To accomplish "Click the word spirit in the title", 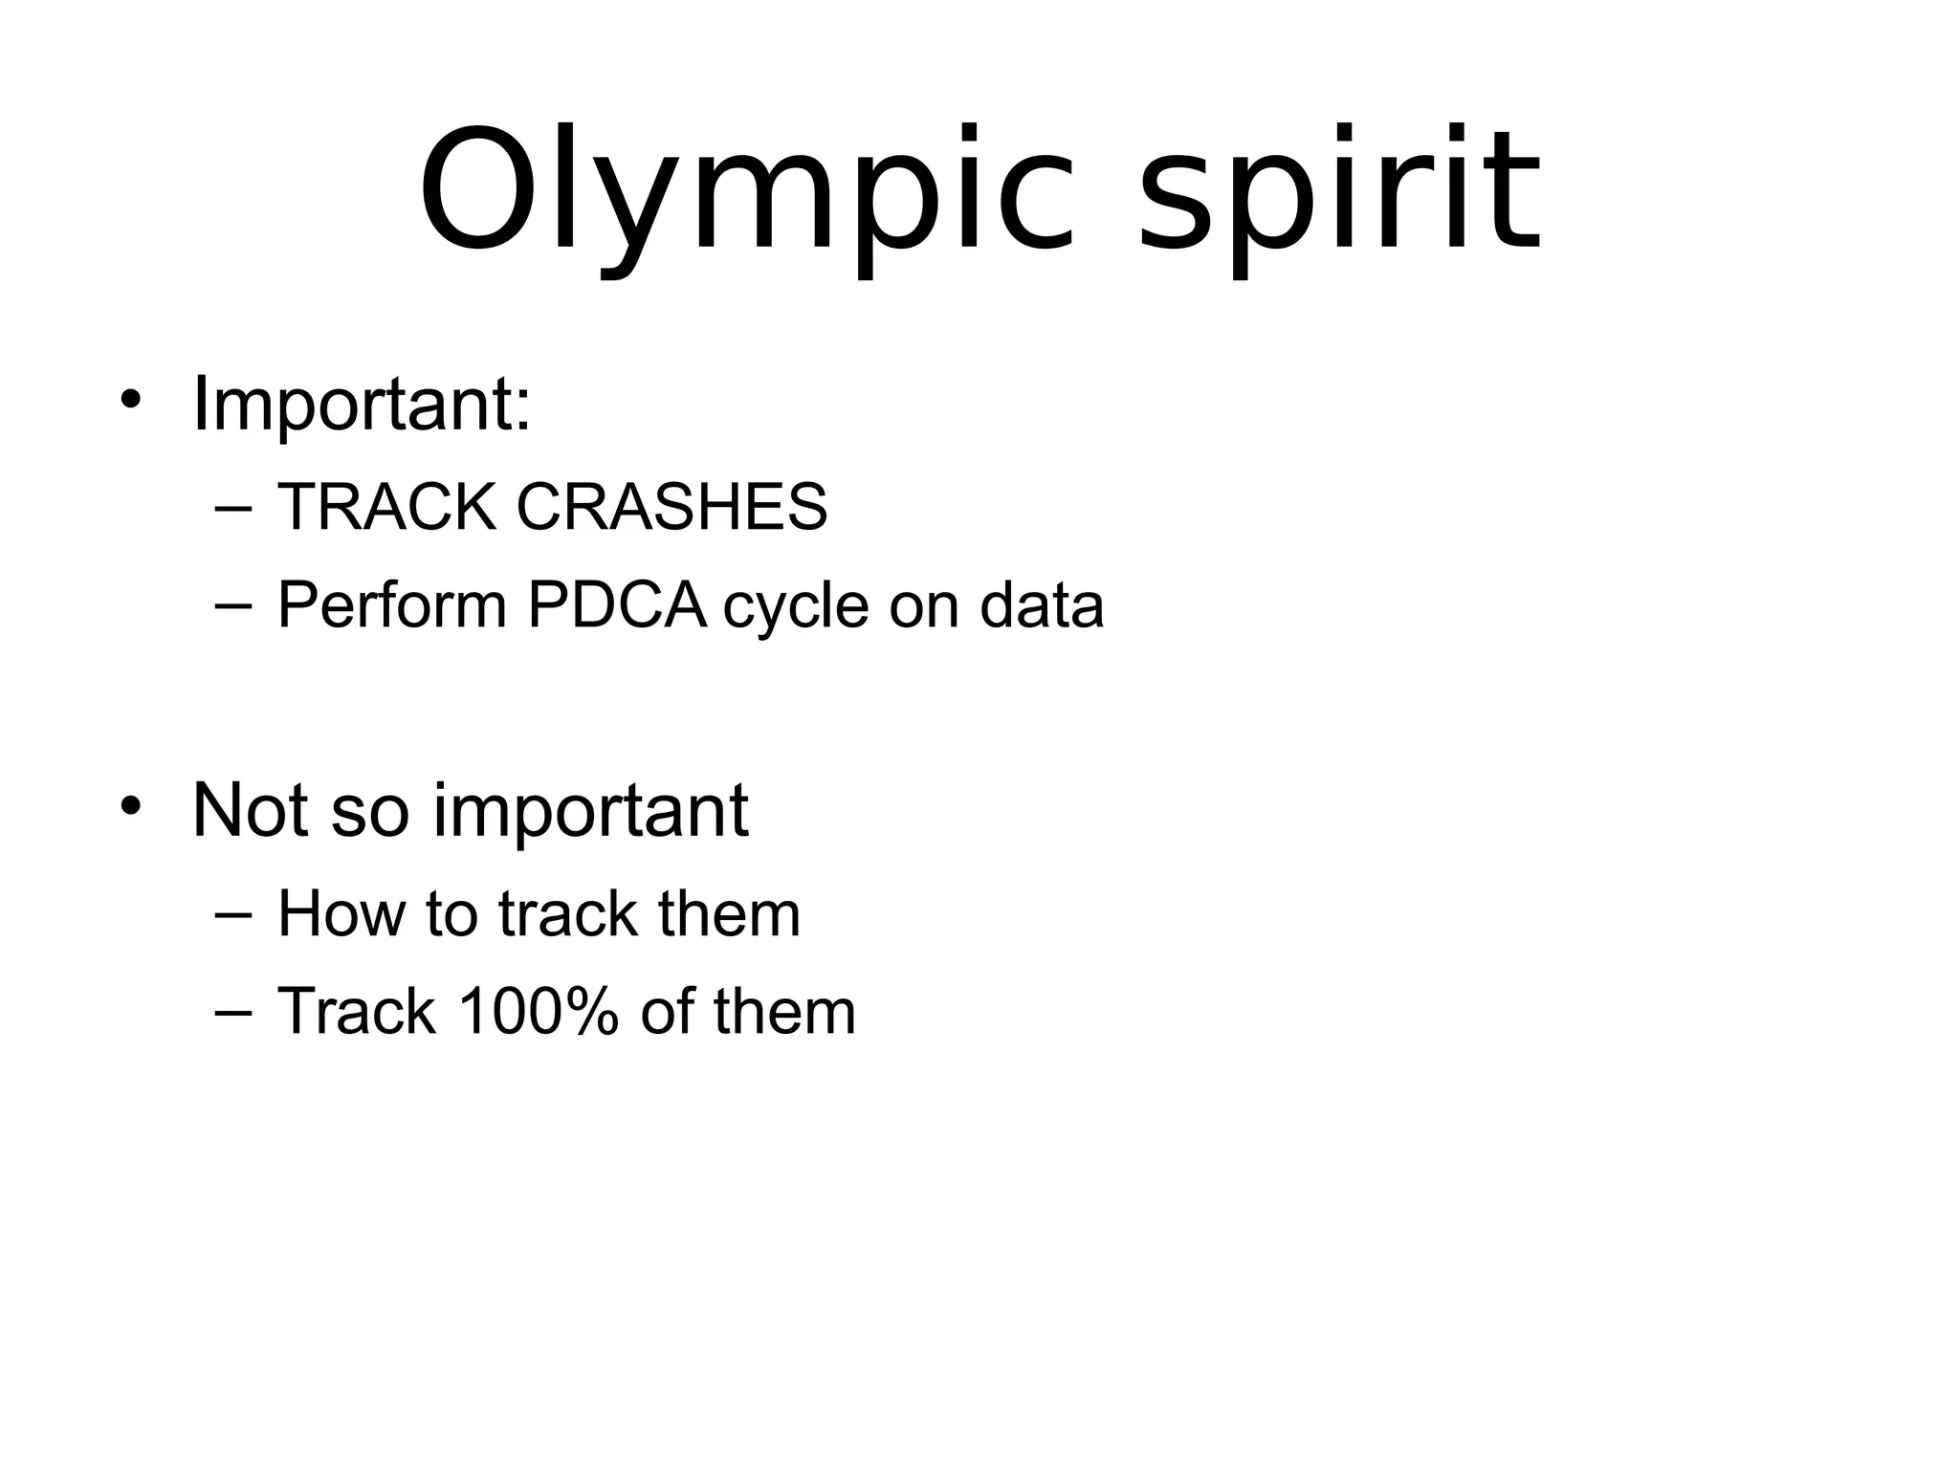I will tap(1339, 191).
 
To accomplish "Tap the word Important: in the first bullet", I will tap(362, 404).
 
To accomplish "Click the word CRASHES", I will tap(671, 507).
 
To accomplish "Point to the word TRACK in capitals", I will tap(386, 507).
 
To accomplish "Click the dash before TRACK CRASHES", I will tap(234, 509).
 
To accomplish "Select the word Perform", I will tap(391, 605).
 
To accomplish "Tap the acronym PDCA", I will tap(617, 605).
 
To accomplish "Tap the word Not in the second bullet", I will tap(252, 810).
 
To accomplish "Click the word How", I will tap(340, 913).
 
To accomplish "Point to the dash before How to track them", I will tap(234, 915).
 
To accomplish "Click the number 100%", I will tap(539, 1012).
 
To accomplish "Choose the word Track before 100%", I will tap(356, 1012).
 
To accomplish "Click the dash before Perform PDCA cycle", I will tap(234, 607).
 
